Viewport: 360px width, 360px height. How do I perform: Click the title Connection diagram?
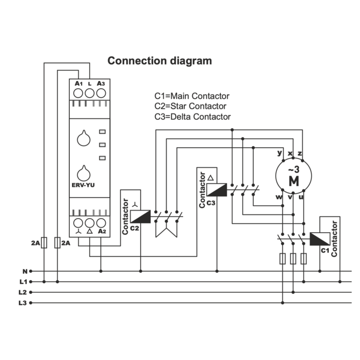(160, 61)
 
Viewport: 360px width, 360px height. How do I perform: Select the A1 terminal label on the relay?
(78, 84)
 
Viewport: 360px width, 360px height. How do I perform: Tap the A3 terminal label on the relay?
(101, 84)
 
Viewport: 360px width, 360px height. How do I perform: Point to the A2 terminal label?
(101, 232)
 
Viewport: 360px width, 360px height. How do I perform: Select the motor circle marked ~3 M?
(293, 176)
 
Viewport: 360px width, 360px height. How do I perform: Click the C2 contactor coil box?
(140, 217)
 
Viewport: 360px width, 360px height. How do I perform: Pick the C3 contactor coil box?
(217, 190)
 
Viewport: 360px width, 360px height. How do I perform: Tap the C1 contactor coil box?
(320, 239)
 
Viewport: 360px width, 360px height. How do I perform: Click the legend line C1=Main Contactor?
(192, 96)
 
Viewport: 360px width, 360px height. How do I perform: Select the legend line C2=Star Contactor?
(190, 106)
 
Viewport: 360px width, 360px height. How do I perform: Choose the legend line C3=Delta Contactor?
(192, 117)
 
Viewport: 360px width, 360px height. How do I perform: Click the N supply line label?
(24, 271)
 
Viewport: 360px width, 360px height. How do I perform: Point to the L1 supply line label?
(23, 282)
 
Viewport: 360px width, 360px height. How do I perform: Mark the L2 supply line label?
(23, 292)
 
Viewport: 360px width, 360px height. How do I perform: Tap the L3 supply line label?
(23, 303)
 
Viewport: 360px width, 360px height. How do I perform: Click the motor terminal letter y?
(279, 153)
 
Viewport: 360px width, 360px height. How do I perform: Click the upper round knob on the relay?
(84, 138)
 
